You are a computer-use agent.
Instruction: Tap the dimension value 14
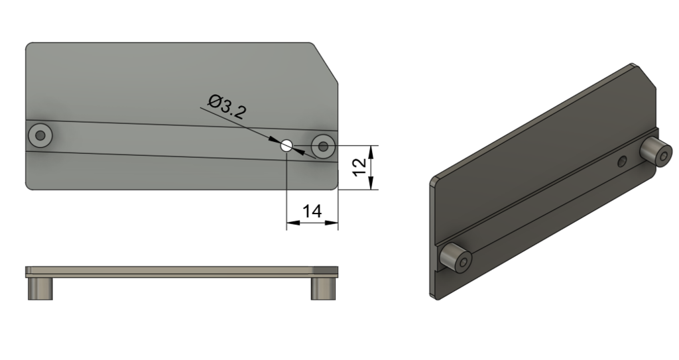tap(312, 211)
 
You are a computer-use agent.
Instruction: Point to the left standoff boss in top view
tap(40, 135)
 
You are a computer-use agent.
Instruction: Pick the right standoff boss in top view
tap(324, 146)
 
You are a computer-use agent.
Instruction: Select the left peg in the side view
tap(40, 288)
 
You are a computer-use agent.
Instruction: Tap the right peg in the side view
tap(324, 288)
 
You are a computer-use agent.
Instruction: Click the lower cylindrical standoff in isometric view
tap(455, 259)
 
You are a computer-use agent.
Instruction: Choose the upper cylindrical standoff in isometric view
tap(656, 152)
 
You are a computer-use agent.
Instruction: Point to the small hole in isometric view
tap(621, 161)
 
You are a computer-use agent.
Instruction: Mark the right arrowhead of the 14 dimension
tap(334, 223)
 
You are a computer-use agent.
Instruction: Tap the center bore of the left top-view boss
tap(40, 135)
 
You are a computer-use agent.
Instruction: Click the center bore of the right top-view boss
tap(324, 147)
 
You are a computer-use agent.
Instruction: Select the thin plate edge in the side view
tap(179, 271)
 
